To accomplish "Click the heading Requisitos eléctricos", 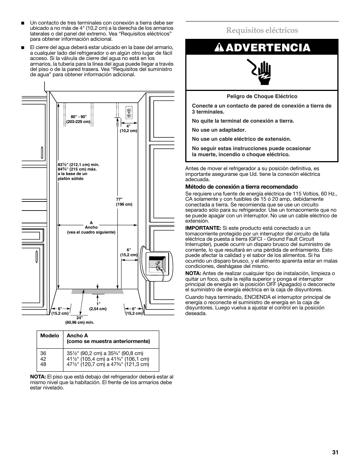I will click(x=262, y=30).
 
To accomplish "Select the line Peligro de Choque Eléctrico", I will click(x=262, y=97).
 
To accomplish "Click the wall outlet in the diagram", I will click(x=129, y=112).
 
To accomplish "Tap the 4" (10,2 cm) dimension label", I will click(x=128, y=128).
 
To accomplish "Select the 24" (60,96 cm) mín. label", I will click(x=80, y=320).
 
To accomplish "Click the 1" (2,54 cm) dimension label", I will click(x=98, y=306).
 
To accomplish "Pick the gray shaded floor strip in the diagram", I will click(x=98, y=291).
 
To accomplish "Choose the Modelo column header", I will click(x=50, y=335).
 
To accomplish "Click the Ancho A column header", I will click(x=77, y=335).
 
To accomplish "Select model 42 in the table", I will click(x=43, y=359).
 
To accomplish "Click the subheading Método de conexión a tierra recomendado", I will click(x=242, y=187).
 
